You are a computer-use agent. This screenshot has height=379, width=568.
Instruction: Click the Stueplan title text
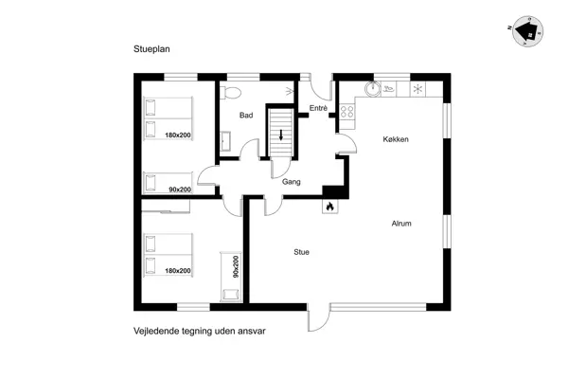click(151, 49)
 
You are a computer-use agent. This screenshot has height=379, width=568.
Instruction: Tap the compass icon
click(528, 31)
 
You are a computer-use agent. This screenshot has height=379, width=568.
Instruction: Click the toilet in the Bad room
click(230, 93)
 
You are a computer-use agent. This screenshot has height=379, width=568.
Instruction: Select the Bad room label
click(246, 116)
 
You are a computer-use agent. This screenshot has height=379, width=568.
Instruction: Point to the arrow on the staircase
click(281, 135)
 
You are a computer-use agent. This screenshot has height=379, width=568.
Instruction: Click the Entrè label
click(318, 108)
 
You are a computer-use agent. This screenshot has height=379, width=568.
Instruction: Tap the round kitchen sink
click(373, 89)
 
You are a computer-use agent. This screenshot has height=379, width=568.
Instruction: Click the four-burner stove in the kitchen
click(347, 112)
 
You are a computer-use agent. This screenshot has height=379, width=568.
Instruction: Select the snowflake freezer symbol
click(417, 89)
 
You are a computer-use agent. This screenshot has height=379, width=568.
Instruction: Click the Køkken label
click(396, 139)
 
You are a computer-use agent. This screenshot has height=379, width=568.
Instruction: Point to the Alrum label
click(401, 224)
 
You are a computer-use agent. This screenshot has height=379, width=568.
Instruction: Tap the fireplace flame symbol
click(330, 207)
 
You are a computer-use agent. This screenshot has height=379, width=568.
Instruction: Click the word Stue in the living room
click(301, 252)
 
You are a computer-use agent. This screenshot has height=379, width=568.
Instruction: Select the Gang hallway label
click(292, 182)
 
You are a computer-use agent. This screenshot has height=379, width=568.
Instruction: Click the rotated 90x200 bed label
click(236, 266)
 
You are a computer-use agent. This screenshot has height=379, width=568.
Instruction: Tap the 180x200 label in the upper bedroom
click(178, 135)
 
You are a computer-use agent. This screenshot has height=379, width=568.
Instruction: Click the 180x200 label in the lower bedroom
click(178, 271)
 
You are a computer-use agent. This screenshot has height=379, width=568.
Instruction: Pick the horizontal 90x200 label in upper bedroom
click(180, 189)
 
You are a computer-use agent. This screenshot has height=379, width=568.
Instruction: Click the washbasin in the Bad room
click(225, 141)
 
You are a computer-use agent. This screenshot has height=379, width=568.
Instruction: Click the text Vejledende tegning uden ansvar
click(200, 331)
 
